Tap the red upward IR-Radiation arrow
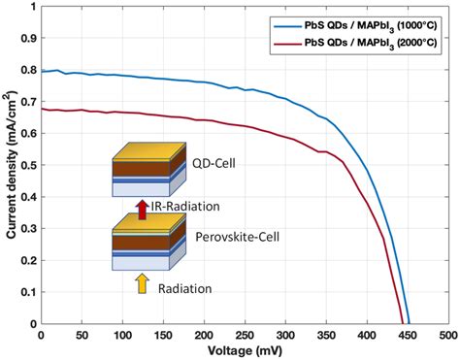tap(142, 208)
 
